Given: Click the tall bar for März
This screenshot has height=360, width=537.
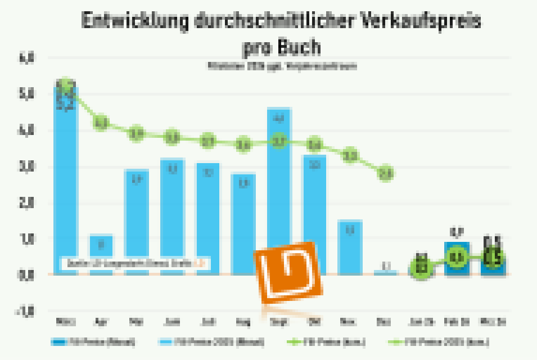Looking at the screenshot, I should tap(66, 180).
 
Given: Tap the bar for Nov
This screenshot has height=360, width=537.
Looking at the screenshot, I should tap(350, 247).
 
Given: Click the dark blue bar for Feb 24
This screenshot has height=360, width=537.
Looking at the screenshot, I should tap(456, 259).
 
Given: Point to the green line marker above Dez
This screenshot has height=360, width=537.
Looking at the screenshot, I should tap(385, 174).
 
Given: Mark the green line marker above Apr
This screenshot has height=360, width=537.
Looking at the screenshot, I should tap(101, 123).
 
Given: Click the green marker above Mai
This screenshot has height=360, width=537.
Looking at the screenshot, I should tap(137, 134).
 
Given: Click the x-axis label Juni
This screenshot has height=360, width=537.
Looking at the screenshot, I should tap(172, 322).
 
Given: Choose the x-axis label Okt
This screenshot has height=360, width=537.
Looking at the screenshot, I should tap(314, 322).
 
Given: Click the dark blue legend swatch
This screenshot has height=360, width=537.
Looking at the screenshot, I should tap(58, 341).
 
